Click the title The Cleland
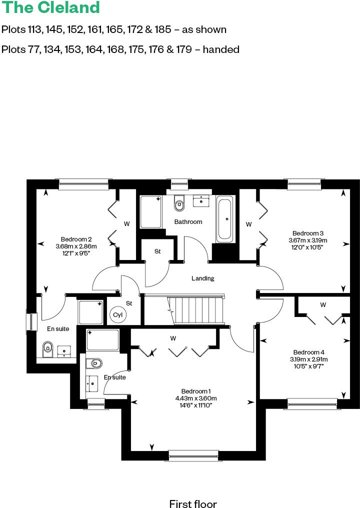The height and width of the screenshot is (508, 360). click(x=50, y=8)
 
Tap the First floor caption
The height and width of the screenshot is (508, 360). click(x=193, y=503)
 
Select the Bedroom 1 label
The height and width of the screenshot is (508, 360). click(x=196, y=391)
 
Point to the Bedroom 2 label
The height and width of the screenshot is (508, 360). click(x=76, y=239)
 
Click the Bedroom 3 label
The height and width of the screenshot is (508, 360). click(x=308, y=233)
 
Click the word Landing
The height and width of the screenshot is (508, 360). click(x=203, y=278)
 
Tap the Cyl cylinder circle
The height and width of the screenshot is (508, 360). click(x=118, y=315)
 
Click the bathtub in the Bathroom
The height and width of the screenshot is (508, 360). click(x=224, y=218)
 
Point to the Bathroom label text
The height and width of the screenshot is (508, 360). click(x=188, y=221)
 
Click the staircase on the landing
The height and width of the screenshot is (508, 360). click(x=195, y=310)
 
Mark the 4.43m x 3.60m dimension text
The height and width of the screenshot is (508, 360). click(x=196, y=398)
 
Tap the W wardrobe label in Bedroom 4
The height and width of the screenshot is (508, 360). click(x=323, y=304)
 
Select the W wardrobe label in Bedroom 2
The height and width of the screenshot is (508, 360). click(x=126, y=224)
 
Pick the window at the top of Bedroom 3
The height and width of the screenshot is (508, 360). click(x=304, y=185)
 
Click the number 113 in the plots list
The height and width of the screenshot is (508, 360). click(x=35, y=29)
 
